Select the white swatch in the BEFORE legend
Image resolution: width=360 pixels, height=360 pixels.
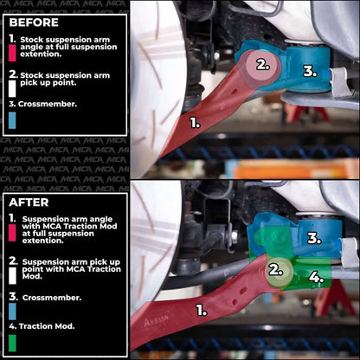[x=11, y=87]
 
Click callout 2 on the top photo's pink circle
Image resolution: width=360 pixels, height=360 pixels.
[x=261, y=64]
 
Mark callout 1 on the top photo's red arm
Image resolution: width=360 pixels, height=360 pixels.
[x=195, y=123]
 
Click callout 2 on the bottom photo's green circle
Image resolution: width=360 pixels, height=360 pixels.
[x=275, y=269]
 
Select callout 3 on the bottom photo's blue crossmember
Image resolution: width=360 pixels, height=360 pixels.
[x=314, y=237]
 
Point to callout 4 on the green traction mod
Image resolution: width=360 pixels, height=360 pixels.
[x=317, y=278]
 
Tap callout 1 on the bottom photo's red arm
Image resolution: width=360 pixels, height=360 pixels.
[x=202, y=307]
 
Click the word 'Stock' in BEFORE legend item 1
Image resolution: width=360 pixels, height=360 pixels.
[x=31, y=38]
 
